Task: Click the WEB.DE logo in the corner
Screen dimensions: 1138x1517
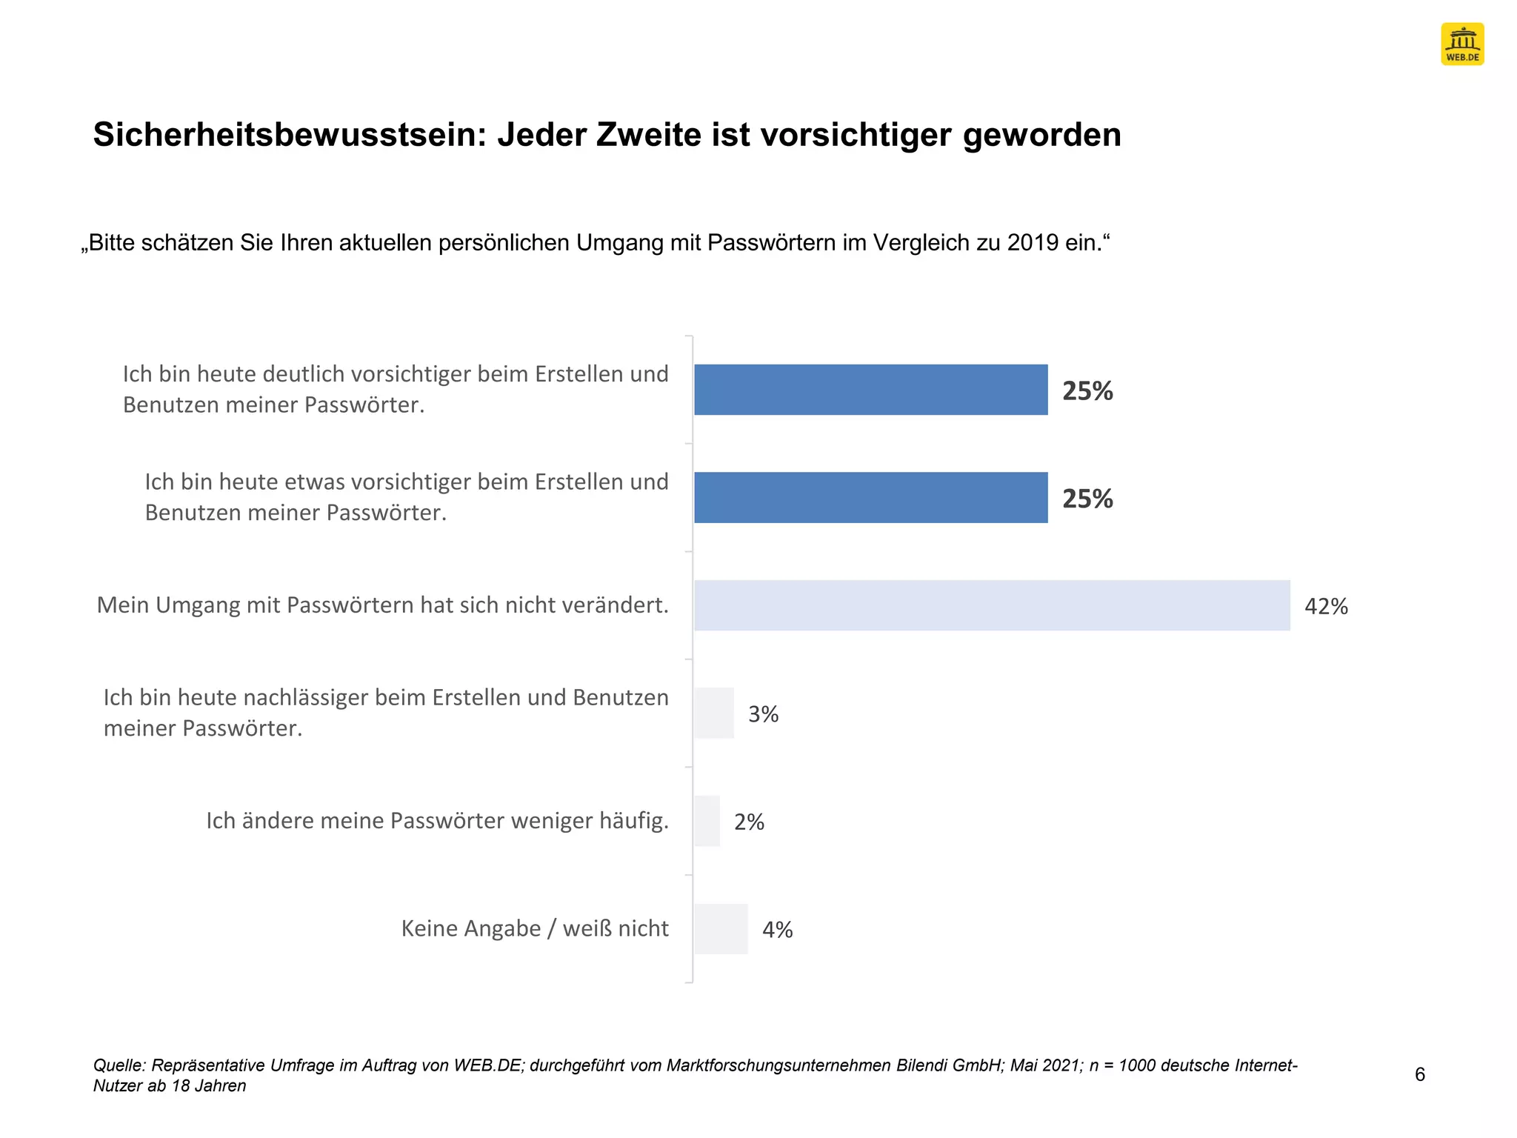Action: (x=1461, y=44)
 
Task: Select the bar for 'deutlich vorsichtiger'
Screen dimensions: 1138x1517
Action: (x=870, y=390)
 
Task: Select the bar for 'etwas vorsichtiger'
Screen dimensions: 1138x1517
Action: (x=870, y=497)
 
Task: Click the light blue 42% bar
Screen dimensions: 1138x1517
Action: (x=991, y=605)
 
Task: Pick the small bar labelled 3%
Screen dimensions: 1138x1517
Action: (x=714, y=713)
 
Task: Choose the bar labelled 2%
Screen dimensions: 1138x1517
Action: (x=707, y=821)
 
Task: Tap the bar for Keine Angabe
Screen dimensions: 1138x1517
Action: (x=721, y=929)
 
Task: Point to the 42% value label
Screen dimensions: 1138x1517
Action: (x=1326, y=607)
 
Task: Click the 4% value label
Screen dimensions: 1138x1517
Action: (x=778, y=930)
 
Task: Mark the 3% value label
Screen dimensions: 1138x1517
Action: (x=763, y=714)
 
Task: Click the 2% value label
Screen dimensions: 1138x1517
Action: (x=749, y=822)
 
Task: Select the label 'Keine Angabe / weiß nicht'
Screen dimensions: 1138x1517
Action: (x=534, y=928)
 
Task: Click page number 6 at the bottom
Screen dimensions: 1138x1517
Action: (x=1419, y=1074)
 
